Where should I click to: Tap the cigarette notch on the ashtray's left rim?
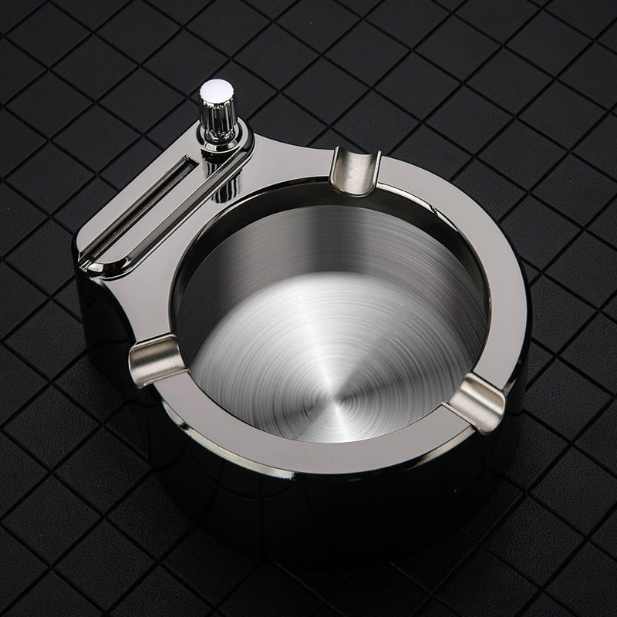click(x=151, y=358)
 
